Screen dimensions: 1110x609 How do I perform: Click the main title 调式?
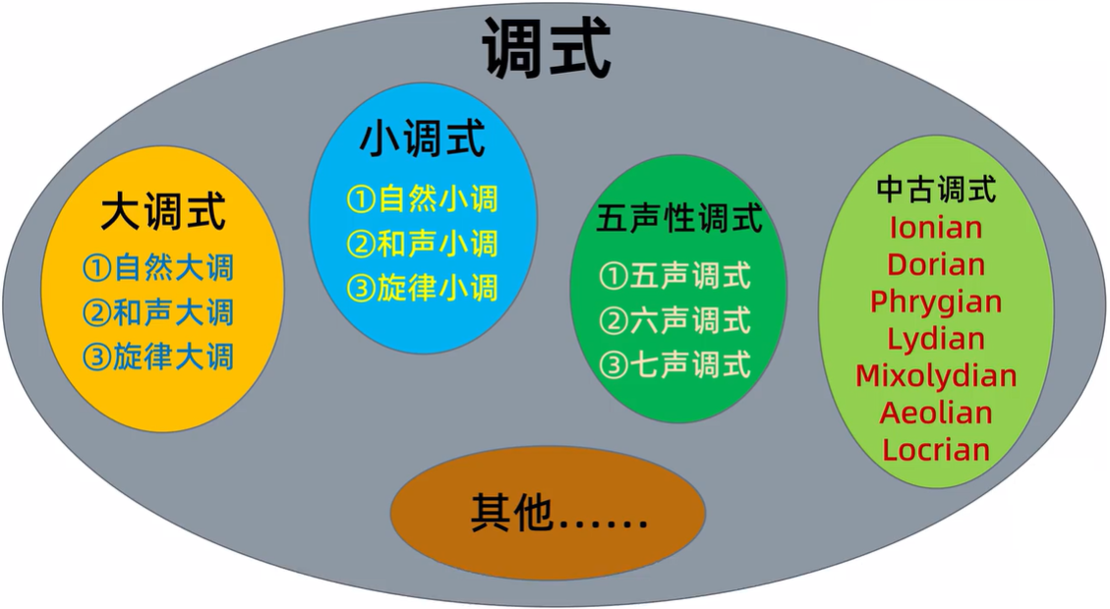pos(547,47)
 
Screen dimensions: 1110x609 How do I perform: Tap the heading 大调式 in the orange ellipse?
pos(163,212)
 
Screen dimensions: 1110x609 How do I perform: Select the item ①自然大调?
pos(158,267)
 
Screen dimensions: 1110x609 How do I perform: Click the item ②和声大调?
pos(158,311)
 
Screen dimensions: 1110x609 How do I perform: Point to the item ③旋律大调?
pos(158,356)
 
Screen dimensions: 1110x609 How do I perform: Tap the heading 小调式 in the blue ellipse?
pos(422,139)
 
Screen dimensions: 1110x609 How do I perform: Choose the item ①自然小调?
pos(423,199)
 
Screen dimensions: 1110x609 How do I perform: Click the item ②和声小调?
pos(423,244)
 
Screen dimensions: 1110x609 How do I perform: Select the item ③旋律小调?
pos(423,288)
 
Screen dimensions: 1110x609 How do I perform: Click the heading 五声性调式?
pos(679,219)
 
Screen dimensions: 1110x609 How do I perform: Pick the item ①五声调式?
pos(675,276)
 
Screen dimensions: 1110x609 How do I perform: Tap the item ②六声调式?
pos(675,320)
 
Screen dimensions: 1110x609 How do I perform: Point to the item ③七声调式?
pos(675,365)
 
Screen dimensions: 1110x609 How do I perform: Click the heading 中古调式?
pos(936,188)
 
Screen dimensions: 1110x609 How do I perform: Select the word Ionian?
pos(936,228)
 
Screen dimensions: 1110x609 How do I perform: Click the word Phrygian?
pos(936,303)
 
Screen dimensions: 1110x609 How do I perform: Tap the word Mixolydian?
pos(936,376)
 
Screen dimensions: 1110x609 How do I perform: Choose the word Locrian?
pos(936,450)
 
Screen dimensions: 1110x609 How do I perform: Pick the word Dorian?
pos(936,265)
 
